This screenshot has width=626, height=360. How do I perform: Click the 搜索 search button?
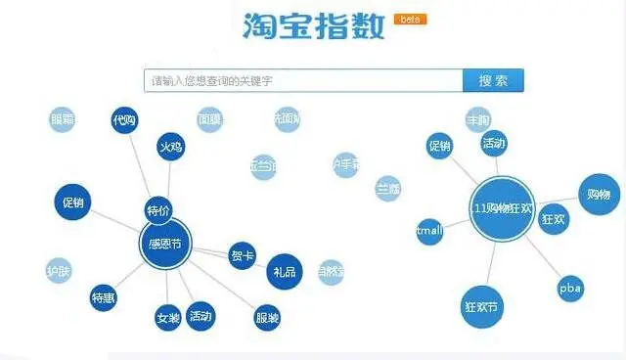[493, 80]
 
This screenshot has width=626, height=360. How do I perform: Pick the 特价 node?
[157, 210]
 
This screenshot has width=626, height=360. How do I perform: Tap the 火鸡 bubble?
[170, 147]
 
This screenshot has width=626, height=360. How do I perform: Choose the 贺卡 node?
[242, 255]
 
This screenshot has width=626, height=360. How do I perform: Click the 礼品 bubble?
[285, 271]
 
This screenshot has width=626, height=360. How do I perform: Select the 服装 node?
[267, 317]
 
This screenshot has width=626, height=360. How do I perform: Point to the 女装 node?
[167, 317]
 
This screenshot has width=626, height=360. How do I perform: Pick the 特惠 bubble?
[104, 297]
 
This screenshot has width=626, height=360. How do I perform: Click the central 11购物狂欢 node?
[502, 208]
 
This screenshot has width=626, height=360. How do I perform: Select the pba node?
[570, 289]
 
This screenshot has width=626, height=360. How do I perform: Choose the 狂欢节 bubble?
[481, 306]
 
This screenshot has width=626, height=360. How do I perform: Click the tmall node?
[429, 232]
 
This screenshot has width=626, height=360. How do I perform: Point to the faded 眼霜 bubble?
[62, 119]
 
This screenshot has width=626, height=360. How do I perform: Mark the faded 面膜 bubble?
[209, 119]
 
